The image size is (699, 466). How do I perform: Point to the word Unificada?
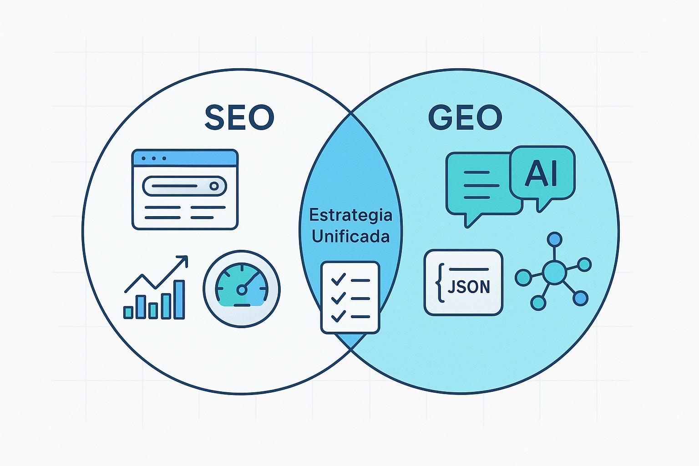tap(350, 236)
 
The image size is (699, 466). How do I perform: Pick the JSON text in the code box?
tap(469, 287)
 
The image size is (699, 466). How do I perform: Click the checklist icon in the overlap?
tap(350, 298)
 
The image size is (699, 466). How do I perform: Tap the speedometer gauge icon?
tap(242, 289)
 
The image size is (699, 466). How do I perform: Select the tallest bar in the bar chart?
tap(179, 299)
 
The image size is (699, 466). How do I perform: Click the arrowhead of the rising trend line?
tap(183, 260)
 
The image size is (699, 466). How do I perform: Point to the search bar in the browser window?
tap(184, 186)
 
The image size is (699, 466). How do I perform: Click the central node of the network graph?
tap(554, 273)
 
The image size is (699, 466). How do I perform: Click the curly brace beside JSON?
tap(440, 283)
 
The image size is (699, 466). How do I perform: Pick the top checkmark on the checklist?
tap(338, 279)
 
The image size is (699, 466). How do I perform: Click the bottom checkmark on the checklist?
tap(338, 316)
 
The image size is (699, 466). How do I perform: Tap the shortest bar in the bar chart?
tap(128, 312)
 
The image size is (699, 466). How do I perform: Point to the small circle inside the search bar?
tap(214, 186)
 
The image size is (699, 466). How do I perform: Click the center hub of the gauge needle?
tap(242, 290)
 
